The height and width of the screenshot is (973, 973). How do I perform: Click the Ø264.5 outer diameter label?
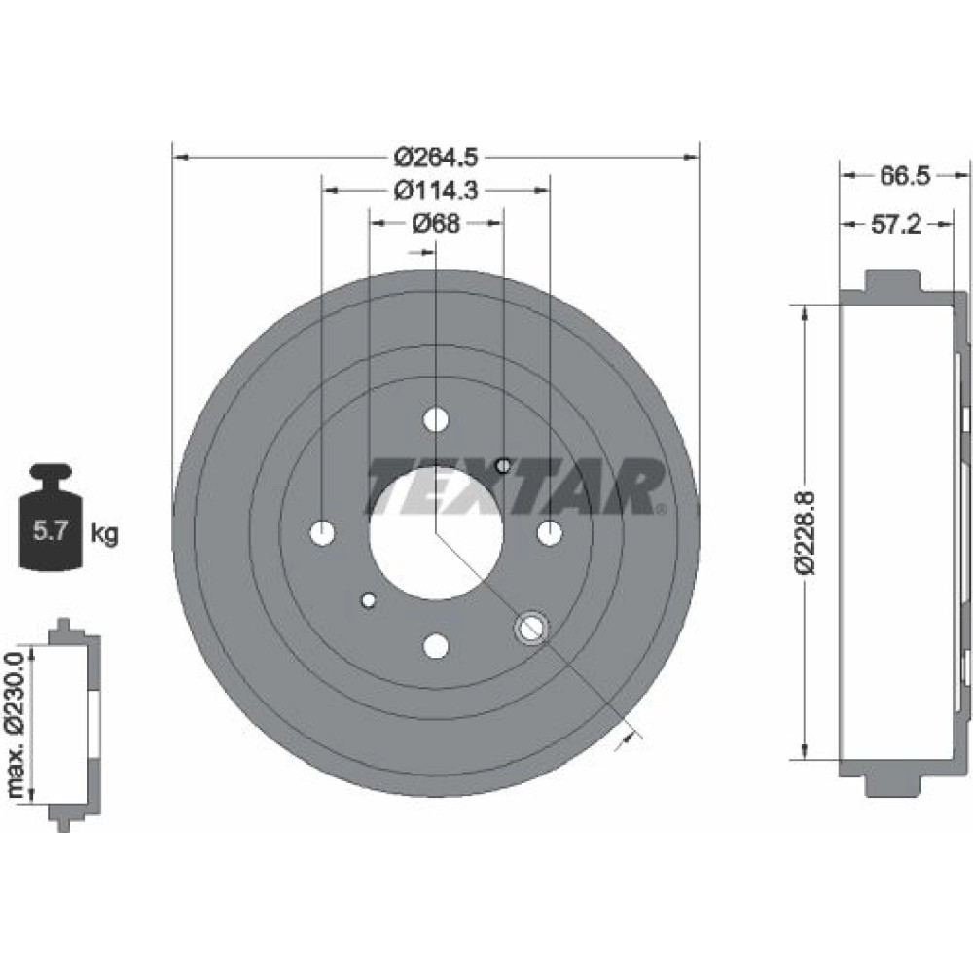(436, 158)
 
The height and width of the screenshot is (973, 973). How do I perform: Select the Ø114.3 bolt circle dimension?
(436, 190)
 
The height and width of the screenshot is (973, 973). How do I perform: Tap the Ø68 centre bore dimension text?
(436, 223)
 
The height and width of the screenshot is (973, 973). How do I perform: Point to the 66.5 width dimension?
(905, 176)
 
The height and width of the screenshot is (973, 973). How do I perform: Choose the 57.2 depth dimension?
(897, 224)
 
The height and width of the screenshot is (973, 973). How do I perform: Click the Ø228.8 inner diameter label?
(806, 532)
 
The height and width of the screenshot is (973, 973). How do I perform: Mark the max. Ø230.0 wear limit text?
(17, 724)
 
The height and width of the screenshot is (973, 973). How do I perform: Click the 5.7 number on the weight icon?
(50, 531)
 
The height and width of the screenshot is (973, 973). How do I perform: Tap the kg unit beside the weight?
(104, 533)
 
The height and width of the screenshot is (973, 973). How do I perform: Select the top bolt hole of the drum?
(436, 419)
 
